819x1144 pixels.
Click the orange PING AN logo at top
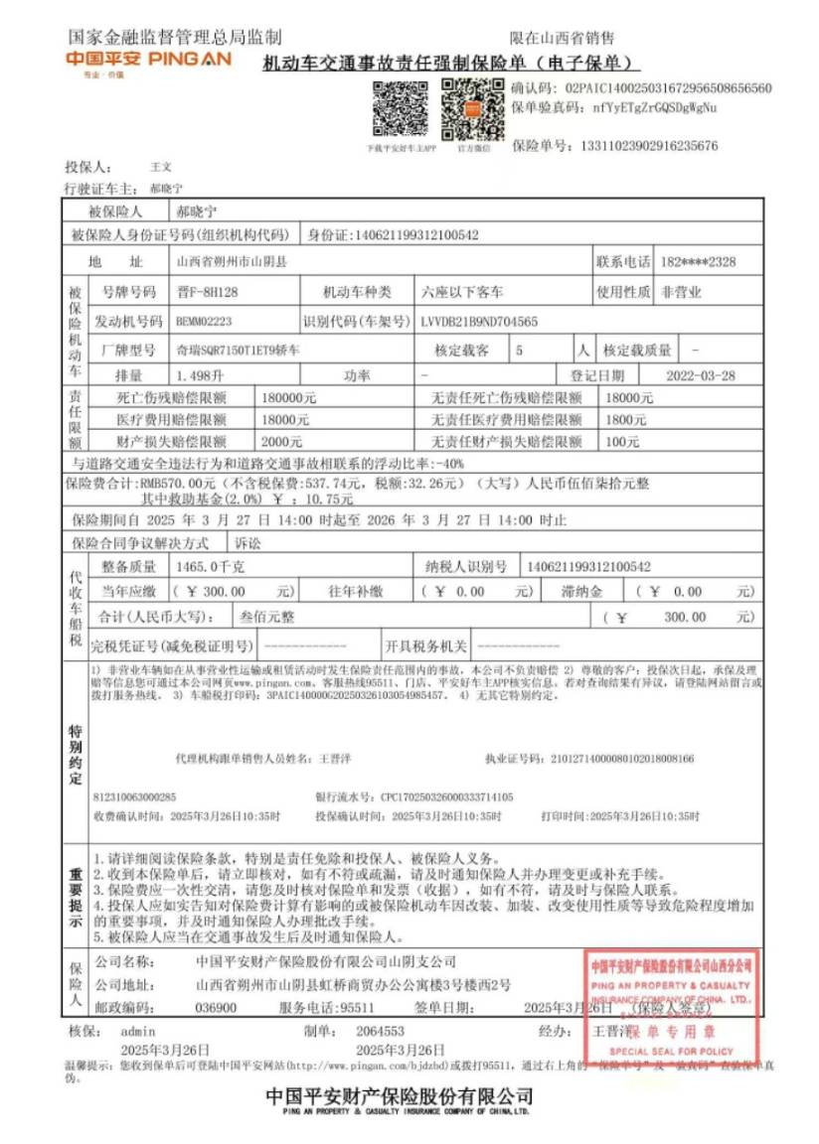point(148,61)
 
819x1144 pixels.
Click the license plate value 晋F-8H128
point(208,292)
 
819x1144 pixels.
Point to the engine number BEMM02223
point(204,322)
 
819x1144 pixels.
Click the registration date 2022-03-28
point(702,375)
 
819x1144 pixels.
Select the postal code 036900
point(217,1006)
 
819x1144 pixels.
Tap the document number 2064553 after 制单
point(380,1031)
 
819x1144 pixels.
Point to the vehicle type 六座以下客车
point(463,292)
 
